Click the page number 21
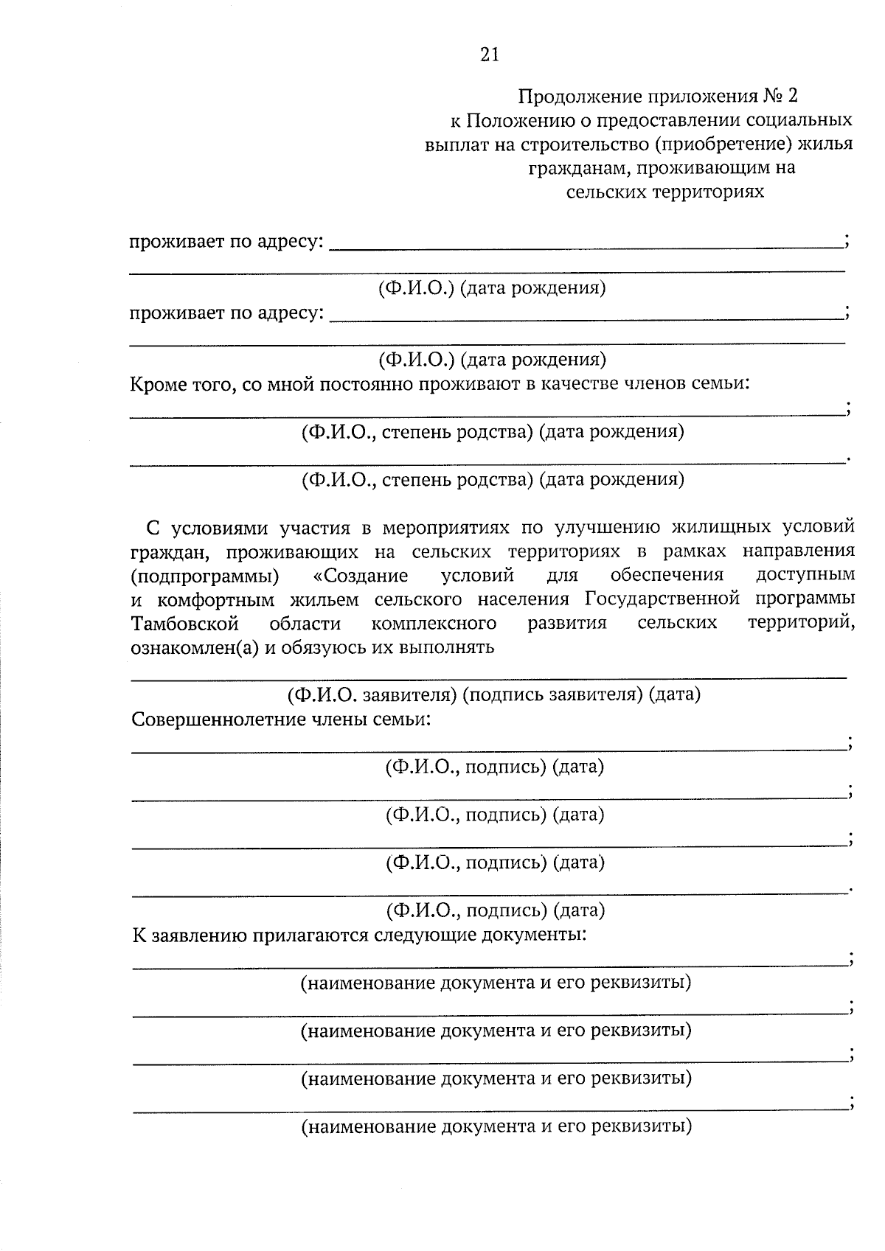pos(490,55)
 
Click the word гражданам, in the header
pos(578,168)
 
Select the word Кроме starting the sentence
pos(158,384)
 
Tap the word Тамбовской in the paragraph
pos(185,624)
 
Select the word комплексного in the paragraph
pos(434,624)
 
